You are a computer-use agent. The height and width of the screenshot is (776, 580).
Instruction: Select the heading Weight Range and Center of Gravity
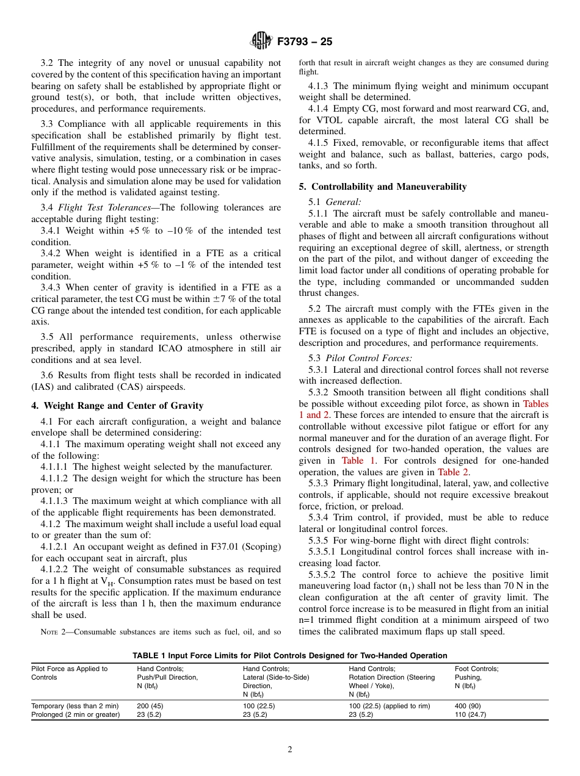pos(117,406)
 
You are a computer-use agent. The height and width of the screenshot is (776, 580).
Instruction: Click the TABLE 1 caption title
pos(289,655)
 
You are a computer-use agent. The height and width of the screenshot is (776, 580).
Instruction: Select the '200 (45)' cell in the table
pos(150,706)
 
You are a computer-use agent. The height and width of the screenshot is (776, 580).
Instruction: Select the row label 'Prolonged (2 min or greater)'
pos(75,714)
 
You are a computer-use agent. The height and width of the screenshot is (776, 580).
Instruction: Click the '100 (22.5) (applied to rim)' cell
pos(389,706)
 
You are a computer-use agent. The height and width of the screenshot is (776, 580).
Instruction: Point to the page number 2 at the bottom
pos(290,750)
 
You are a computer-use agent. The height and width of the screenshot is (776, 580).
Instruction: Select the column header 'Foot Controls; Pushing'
pos(476,673)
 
